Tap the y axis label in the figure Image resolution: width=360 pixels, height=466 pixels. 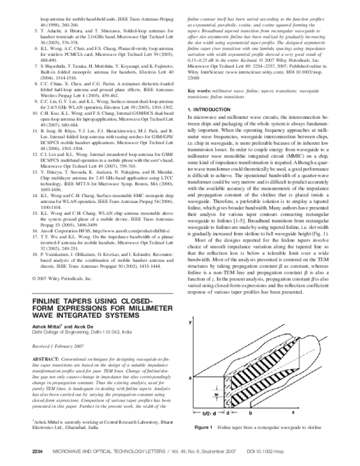click(190, 323)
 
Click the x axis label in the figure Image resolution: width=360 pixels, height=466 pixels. click(294, 413)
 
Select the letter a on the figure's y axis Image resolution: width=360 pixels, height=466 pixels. click(190, 362)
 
